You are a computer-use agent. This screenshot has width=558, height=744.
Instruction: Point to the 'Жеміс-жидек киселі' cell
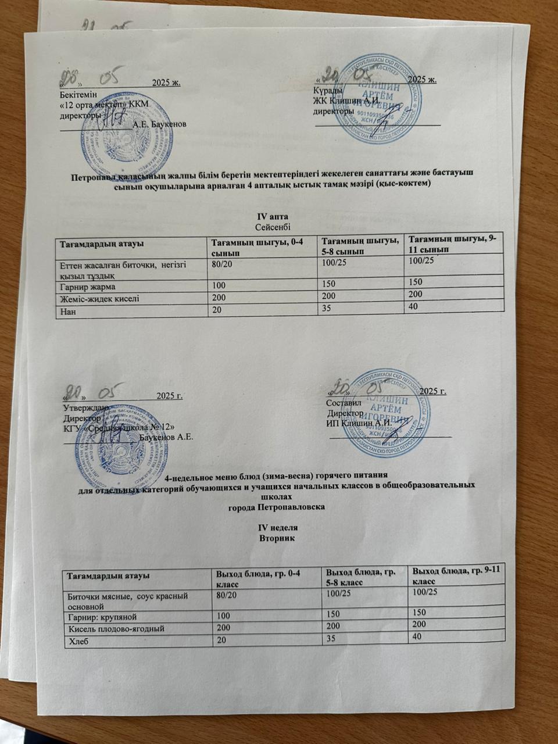pos(99,299)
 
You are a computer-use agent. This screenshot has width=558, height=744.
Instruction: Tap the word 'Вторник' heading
pos(277,538)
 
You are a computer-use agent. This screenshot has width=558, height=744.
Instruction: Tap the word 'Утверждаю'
pos(84,407)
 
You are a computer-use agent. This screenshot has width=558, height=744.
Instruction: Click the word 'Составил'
pos(344,403)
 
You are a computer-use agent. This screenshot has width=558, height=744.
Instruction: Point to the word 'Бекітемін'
pos(78,93)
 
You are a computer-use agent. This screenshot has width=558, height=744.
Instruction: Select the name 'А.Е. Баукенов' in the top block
pos(159,124)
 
